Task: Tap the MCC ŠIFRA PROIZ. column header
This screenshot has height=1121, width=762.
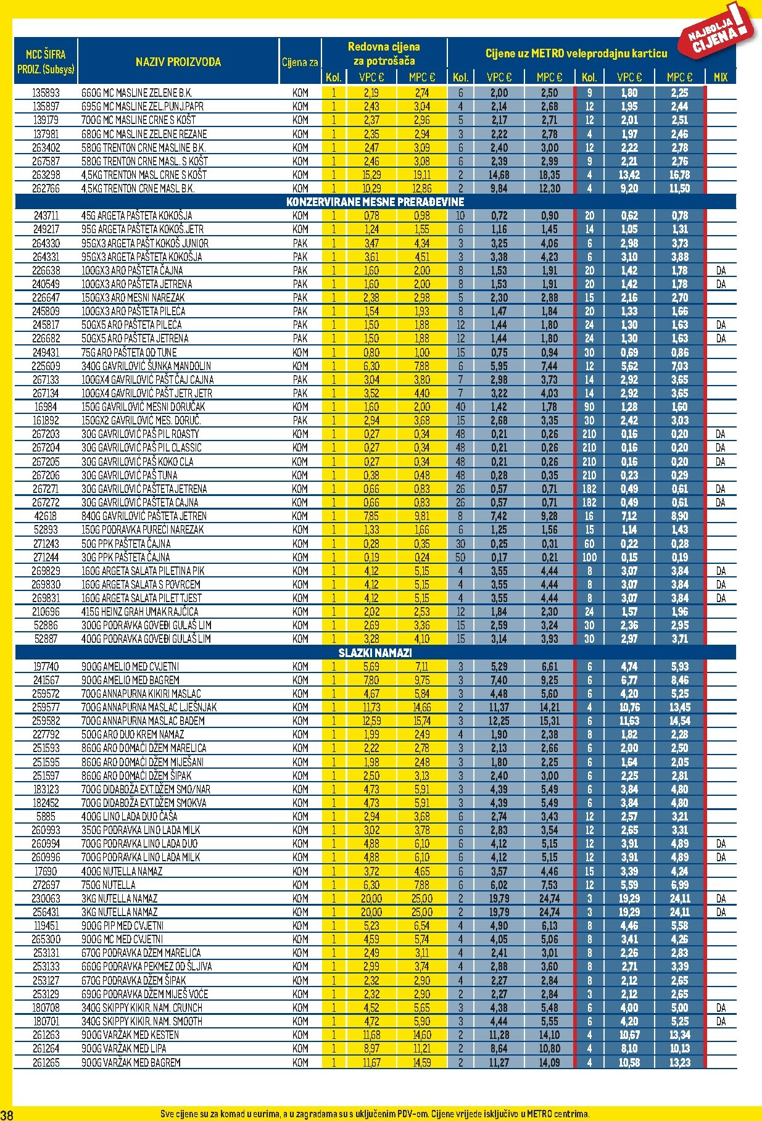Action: tap(46, 61)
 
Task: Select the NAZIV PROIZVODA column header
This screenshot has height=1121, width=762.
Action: tap(178, 62)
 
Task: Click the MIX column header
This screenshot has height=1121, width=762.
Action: tap(720, 77)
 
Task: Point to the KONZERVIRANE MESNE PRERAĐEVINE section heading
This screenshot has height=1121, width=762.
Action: tap(375, 202)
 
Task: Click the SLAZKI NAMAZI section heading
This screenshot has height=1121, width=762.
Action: tap(375, 653)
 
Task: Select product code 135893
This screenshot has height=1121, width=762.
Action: tap(46, 93)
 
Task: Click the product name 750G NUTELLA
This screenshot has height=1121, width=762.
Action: tap(109, 885)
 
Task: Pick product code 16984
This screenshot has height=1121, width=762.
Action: tap(46, 407)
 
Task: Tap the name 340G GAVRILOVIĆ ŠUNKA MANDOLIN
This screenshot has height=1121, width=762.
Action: tap(146, 366)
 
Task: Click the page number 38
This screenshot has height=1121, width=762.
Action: tap(7, 1114)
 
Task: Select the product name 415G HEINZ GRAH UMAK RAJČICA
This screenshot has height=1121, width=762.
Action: tap(140, 611)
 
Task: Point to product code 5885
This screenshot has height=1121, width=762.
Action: tap(46, 816)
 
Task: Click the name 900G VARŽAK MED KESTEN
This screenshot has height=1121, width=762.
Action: tap(130, 1035)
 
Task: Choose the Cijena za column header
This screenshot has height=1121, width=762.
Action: tap(300, 62)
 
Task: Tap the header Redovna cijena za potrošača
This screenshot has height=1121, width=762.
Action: tap(384, 54)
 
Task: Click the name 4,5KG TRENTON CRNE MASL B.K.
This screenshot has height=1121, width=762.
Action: tap(138, 188)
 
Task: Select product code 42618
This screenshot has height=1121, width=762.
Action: tap(46, 516)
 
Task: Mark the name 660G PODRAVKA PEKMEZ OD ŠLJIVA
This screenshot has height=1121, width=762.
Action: tap(147, 966)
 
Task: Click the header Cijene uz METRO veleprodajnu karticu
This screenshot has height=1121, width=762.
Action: tap(576, 54)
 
